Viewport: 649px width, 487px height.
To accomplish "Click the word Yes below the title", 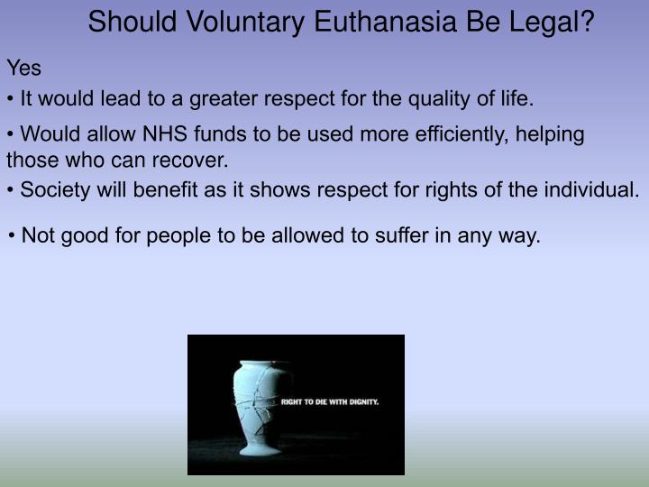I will click(x=24, y=68).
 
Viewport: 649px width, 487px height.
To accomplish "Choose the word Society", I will click(x=52, y=190).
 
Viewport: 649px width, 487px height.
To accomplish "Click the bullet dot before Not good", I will click(x=12, y=237).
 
